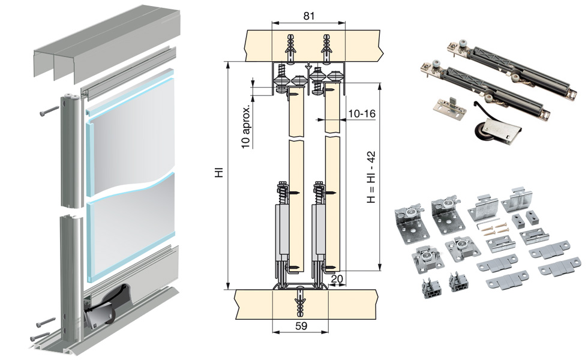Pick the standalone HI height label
220,172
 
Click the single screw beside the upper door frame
49,112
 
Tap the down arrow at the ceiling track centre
307,67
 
